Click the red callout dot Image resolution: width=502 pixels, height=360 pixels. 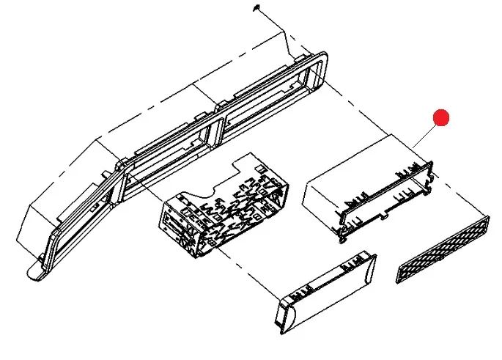tap(440, 117)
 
